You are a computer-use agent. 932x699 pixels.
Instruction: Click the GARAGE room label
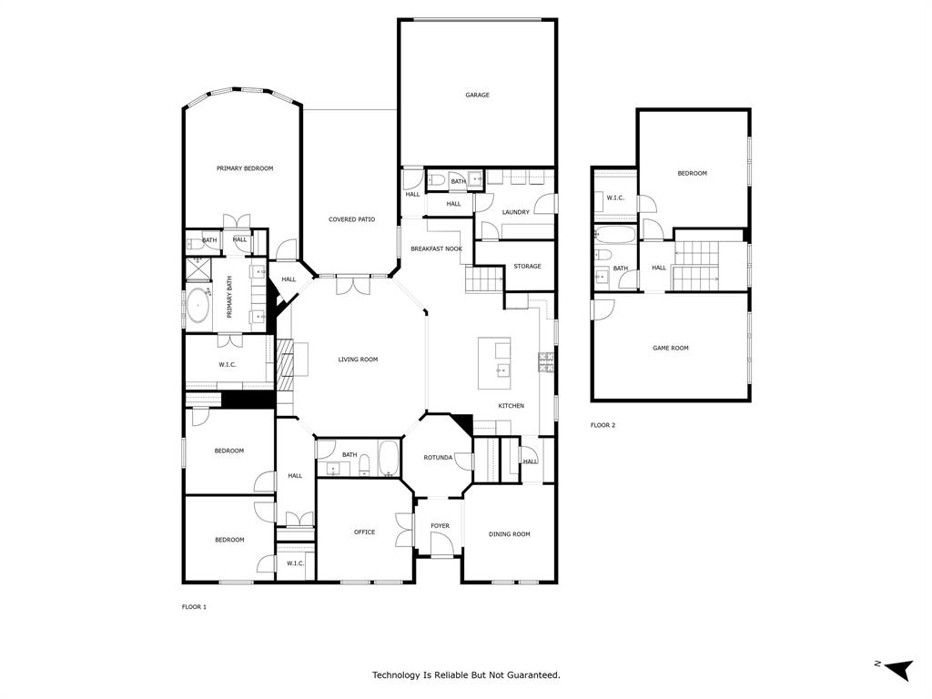(x=477, y=95)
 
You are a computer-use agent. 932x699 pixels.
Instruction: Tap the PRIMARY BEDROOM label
(x=244, y=168)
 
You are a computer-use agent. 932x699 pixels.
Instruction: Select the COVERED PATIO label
(x=351, y=219)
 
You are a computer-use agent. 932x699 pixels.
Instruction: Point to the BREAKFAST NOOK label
(x=436, y=248)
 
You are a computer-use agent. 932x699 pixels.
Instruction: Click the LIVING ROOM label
(x=358, y=360)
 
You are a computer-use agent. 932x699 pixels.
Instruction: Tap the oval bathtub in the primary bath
(x=198, y=307)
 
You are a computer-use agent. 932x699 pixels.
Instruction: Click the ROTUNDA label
(x=438, y=458)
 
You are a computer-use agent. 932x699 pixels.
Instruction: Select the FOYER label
(x=440, y=526)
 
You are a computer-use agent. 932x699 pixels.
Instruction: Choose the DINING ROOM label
(x=509, y=534)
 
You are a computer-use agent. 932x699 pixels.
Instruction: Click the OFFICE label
(x=364, y=532)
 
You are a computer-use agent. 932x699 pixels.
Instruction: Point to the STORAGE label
(x=527, y=267)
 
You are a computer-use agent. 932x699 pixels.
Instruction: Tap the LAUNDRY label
(x=515, y=212)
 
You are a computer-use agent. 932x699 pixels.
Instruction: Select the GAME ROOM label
(x=670, y=348)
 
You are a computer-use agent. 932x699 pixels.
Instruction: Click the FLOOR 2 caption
(x=603, y=425)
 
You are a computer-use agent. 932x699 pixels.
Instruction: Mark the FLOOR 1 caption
(x=194, y=606)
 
